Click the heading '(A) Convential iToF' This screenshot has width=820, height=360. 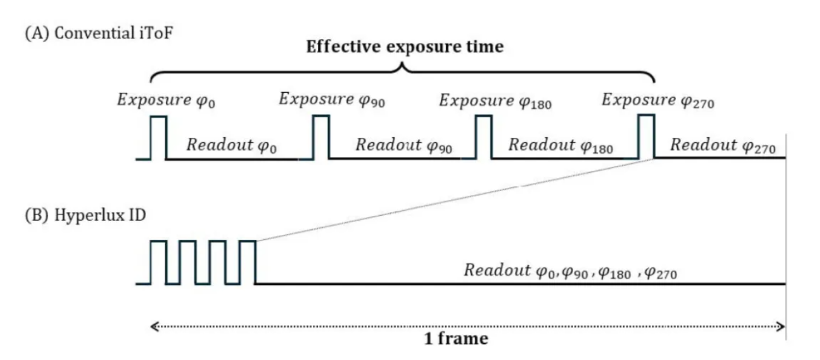click(99, 33)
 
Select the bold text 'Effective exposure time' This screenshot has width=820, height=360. click(405, 47)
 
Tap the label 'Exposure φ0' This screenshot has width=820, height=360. click(166, 100)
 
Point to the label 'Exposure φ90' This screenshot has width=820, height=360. click(332, 99)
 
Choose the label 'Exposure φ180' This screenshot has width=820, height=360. click(495, 100)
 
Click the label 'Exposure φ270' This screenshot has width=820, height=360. click(658, 100)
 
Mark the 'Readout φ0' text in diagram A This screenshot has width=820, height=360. click(232, 145)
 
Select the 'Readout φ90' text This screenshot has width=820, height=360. click(404, 145)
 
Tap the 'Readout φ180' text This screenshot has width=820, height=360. click(561, 145)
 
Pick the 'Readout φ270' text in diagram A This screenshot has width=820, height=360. click(723, 145)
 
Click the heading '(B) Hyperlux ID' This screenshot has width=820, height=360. click(85, 215)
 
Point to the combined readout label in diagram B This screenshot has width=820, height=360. click(570, 271)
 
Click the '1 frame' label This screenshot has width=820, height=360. click(456, 339)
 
